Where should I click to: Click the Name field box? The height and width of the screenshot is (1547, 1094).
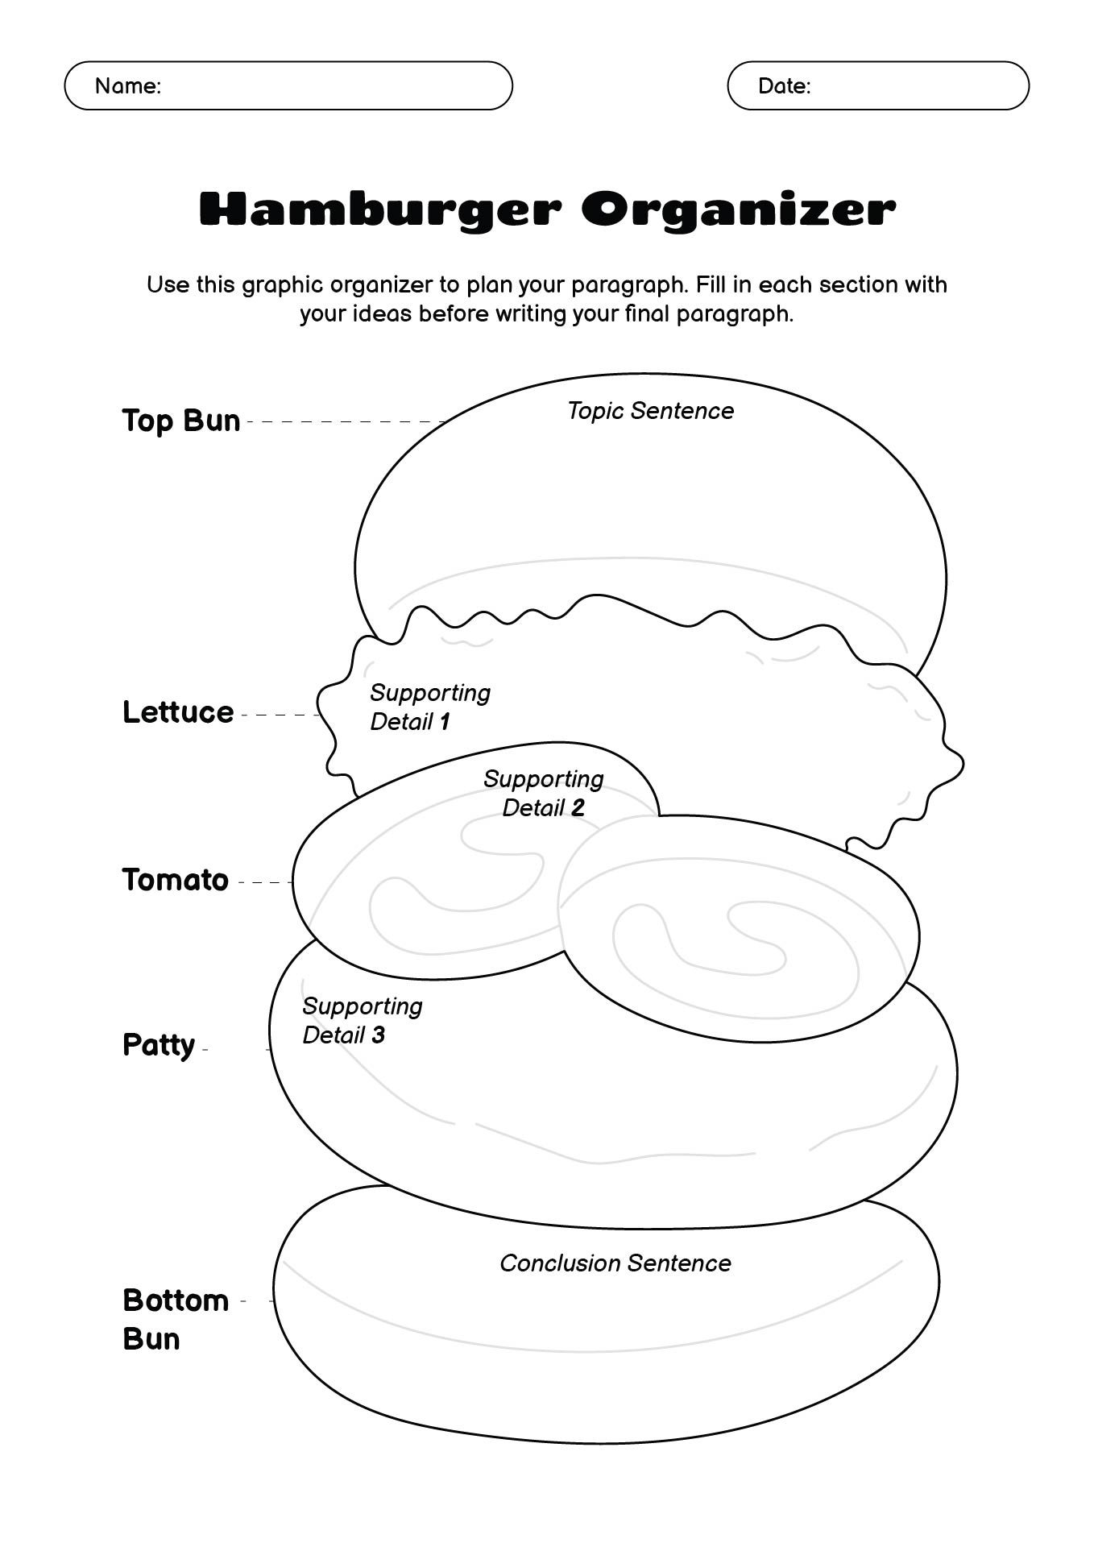click(288, 85)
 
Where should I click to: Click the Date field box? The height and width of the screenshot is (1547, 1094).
click(878, 85)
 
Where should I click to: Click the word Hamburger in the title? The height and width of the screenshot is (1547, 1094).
click(379, 209)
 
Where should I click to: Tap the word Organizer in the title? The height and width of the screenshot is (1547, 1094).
click(738, 209)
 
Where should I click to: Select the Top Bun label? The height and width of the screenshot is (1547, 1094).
click(181, 421)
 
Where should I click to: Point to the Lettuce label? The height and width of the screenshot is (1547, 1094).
click(178, 712)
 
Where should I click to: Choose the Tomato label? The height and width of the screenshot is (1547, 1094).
click(176, 880)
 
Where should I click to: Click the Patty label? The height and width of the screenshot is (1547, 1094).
click(159, 1045)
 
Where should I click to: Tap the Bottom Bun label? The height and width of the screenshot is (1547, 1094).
click(175, 1319)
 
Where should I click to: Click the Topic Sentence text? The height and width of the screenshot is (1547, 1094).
click(651, 411)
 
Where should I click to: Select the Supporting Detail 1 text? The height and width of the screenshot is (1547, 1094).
click(429, 707)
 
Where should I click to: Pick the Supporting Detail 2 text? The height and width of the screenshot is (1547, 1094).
click(544, 793)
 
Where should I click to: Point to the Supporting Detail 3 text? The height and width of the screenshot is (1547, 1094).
click(362, 1020)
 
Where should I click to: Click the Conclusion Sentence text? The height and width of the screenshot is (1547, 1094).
click(615, 1263)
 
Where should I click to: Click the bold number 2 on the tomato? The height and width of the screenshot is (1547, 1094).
click(577, 807)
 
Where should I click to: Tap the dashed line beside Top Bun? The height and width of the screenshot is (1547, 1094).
click(346, 421)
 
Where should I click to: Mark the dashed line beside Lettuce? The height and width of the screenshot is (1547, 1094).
click(280, 715)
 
